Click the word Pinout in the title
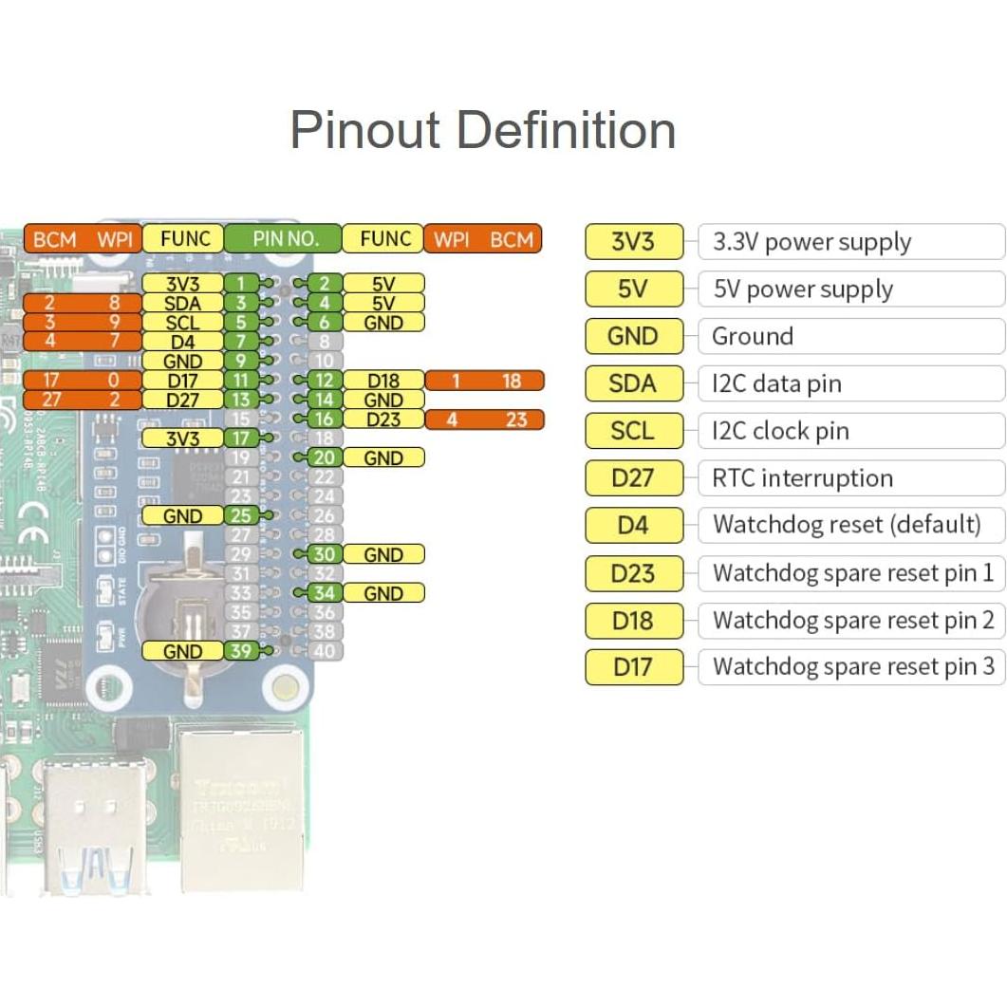click(x=366, y=130)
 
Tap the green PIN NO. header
click(x=284, y=238)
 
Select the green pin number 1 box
click(x=241, y=284)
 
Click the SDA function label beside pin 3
click(x=182, y=303)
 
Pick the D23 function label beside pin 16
click(x=383, y=420)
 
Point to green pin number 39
click(x=241, y=651)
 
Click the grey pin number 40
click(x=325, y=651)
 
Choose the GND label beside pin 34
click(x=383, y=593)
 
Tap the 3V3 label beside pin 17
click(x=182, y=438)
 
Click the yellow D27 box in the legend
click(x=633, y=478)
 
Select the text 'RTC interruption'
click(x=802, y=478)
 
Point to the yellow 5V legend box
click(x=633, y=289)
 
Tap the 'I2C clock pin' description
click(x=780, y=431)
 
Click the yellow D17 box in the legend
click(x=633, y=667)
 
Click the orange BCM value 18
click(x=512, y=381)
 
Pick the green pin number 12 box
click(x=325, y=381)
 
